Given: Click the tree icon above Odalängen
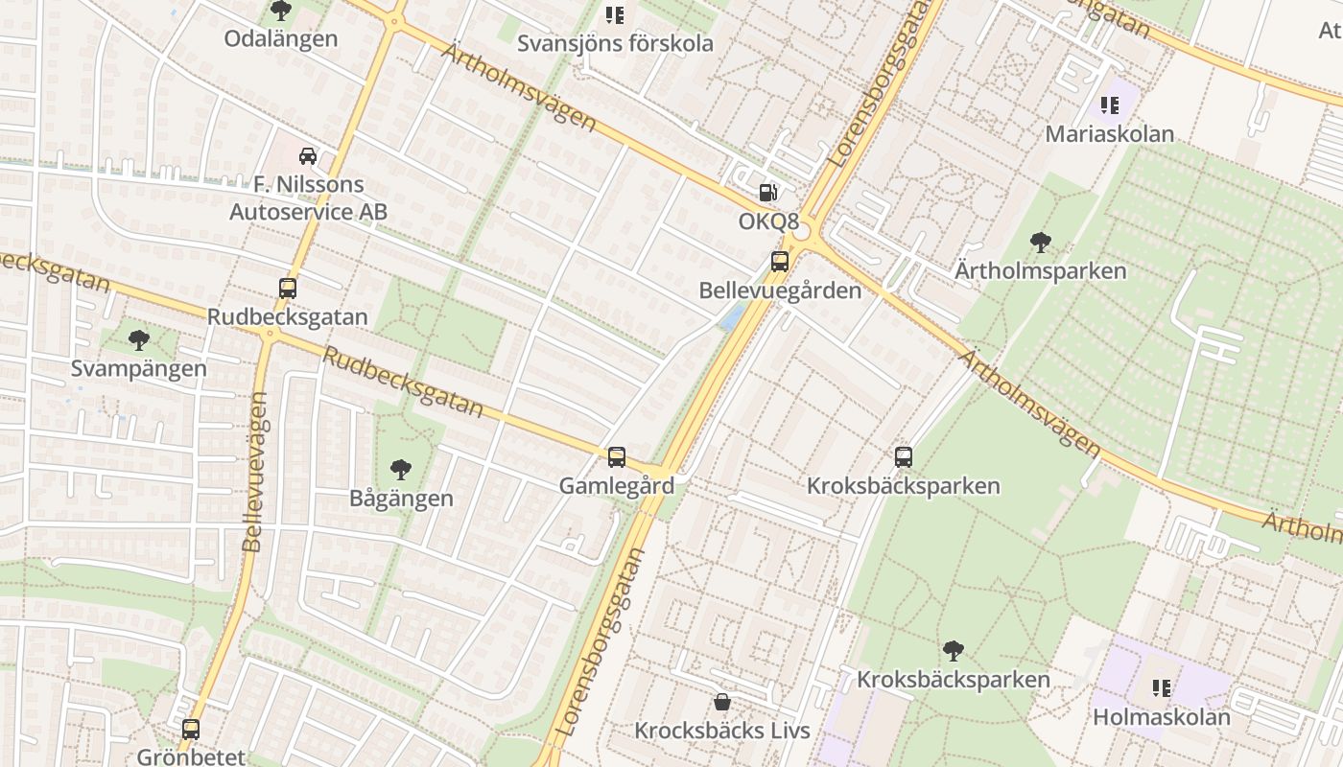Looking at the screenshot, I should [x=281, y=11].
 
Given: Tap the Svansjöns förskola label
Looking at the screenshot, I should [x=615, y=43].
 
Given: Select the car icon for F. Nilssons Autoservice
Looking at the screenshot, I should [x=308, y=156].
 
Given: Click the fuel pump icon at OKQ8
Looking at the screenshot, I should [x=767, y=193].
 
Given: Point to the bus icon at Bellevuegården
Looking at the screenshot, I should [x=780, y=261].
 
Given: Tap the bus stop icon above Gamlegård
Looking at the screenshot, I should [x=617, y=457].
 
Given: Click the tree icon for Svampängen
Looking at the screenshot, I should [x=139, y=339].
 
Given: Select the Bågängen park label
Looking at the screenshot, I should [x=401, y=499].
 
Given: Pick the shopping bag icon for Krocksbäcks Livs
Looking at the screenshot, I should [x=722, y=702].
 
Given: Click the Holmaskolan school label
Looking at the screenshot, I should [x=1161, y=716].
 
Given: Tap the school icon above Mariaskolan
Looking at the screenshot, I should [x=1110, y=105].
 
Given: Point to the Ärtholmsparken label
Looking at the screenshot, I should [x=1040, y=270].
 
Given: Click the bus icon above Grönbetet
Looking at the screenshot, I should [x=191, y=730].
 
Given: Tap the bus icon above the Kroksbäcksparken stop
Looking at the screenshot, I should [x=903, y=457].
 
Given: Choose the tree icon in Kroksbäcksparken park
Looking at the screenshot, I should [x=953, y=651].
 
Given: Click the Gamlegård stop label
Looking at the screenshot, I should [x=617, y=485].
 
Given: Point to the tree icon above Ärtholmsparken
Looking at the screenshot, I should [x=1040, y=243].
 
